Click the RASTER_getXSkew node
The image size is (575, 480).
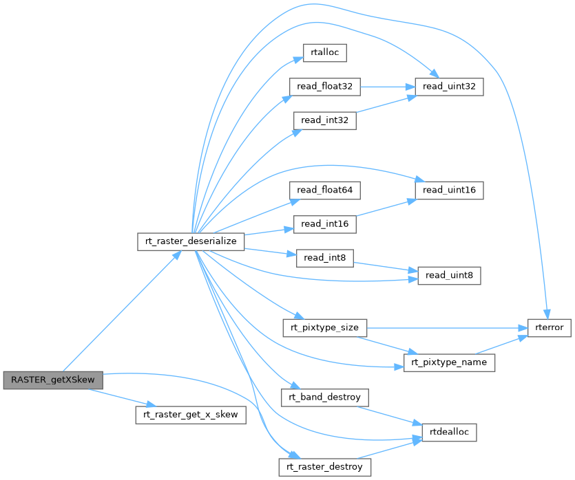click(x=53, y=380)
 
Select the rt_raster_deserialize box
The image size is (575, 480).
click(x=191, y=241)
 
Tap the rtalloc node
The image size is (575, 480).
click(x=324, y=53)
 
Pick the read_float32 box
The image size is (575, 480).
click(x=324, y=87)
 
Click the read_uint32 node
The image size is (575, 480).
click(x=449, y=87)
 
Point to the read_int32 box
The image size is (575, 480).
click(x=324, y=120)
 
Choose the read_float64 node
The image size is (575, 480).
click(x=324, y=190)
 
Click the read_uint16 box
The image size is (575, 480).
click(x=449, y=190)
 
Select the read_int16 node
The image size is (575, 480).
click(x=324, y=224)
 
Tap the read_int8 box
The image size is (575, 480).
click(x=324, y=258)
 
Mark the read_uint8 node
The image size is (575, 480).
click(x=449, y=276)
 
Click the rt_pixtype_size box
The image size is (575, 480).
click(x=324, y=328)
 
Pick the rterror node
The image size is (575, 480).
click(x=550, y=328)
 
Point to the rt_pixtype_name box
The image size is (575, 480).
click(x=449, y=363)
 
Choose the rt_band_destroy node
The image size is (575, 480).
click(x=324, y=397)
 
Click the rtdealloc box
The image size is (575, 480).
click(x=449, y=433)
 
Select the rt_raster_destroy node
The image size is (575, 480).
click(x=324, y=467)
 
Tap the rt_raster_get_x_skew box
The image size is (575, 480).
click(x=191, y=415)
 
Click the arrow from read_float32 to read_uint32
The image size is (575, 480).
click(x=388, y=87)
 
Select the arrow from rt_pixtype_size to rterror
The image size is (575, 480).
click(x=447, y=328)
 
